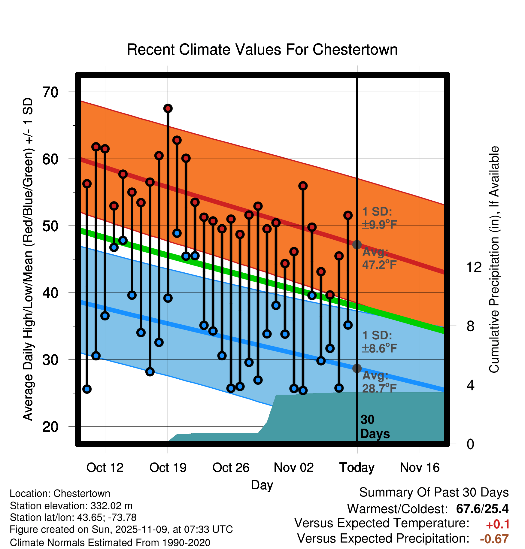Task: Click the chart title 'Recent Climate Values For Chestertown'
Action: coord(262,50)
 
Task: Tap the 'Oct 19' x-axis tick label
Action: coord(168,468)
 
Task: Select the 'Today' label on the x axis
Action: coord(357,468)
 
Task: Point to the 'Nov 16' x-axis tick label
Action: coord(420,468)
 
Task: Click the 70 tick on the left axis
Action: coord(50,92)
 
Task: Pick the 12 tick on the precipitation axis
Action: coord(474,267)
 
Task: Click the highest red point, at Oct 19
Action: coord(168,108)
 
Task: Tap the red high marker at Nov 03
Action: coord(303,186)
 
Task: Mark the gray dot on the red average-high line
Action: coord(357,244)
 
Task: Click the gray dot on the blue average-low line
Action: coord(357,368)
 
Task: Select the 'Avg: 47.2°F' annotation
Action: coord(379,258)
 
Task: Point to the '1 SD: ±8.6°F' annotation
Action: coord(379,342)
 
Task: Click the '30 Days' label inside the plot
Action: coord(375,427)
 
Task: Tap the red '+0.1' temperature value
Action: coord(498,524)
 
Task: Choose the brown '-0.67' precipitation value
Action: coord(494,539)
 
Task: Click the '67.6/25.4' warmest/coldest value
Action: coord(482,509)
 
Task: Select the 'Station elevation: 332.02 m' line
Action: coord(71,506)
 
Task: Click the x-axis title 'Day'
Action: coord(262,485)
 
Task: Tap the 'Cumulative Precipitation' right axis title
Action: coord(494,259)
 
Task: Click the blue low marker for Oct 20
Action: coord(177,233)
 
